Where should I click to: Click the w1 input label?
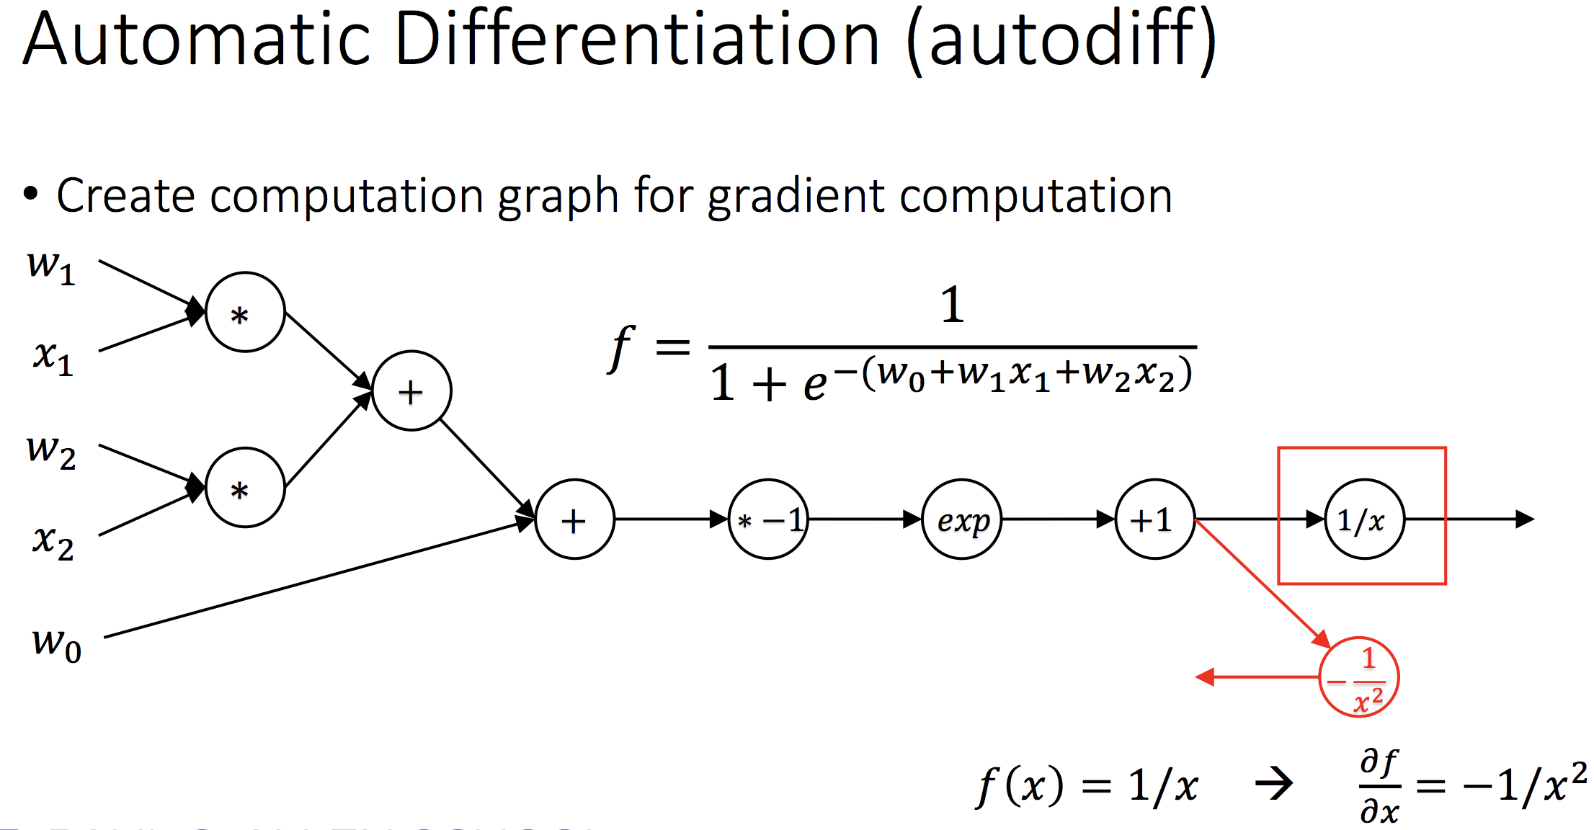pyautogui.click(x=50, y=268)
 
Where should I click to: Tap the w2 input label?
pyautogui.click(x=50, y=452)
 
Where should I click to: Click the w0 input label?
pyautogui.click(x=56, y=643)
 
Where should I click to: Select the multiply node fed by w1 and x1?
pyautogui.click(x=245, y=312)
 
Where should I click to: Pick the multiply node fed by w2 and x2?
pyautogui.click(x=245, y=488)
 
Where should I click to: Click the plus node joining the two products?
pyautogui.click(x=412, y=391)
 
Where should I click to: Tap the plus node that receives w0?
pyautogui.click(x=574, y=519)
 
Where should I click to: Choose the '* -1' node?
pyautogui.click(x=768, y=519)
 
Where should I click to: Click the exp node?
pyautogui.click(x=962, y=519)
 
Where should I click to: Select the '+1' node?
pyautogui.click(x=1154, y=519)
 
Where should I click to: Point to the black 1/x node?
pyautogui.click(x=1364, y=519)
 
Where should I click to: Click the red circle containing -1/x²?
pyautogui.click(x=1358, y=677)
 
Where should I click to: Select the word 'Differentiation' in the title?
pyautogui.click(x=637, y=40)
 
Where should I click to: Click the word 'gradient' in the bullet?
pyautogui.click(x=796, y=196)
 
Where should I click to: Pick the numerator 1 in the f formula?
pyautogui.click(x=952, y=304)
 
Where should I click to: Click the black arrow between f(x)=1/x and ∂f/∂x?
pyautogui.click(x=1274, y=784)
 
